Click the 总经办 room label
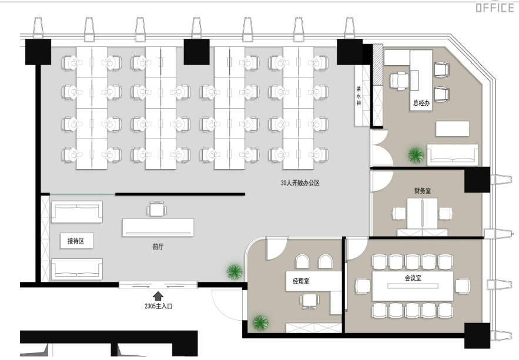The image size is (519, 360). click(421, 103)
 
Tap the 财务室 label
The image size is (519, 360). click(423, 191)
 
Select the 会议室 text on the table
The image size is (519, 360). click(413, 278)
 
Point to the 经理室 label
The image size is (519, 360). click(301, 281)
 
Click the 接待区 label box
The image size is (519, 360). click(77, 241)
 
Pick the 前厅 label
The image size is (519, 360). click(158, 247)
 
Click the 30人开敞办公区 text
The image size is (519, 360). click(300, 183)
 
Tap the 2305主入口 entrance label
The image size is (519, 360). click(158, 306)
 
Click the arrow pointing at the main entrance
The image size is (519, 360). click(158, 295)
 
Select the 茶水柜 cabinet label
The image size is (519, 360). click(359, 96)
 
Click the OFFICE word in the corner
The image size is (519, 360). click(495, 7)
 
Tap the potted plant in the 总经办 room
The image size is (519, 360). click(416, 155)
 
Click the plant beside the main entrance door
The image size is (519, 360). click(235, 272)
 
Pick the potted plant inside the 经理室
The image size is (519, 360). click(260, 322)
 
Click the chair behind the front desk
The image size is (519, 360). click(156, 208)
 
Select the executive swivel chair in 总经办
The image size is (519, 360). click(400, 80)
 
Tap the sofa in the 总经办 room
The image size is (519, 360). click(453, 154)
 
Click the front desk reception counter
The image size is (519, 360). click(158, 227)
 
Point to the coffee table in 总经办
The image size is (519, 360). click(453, 129)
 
